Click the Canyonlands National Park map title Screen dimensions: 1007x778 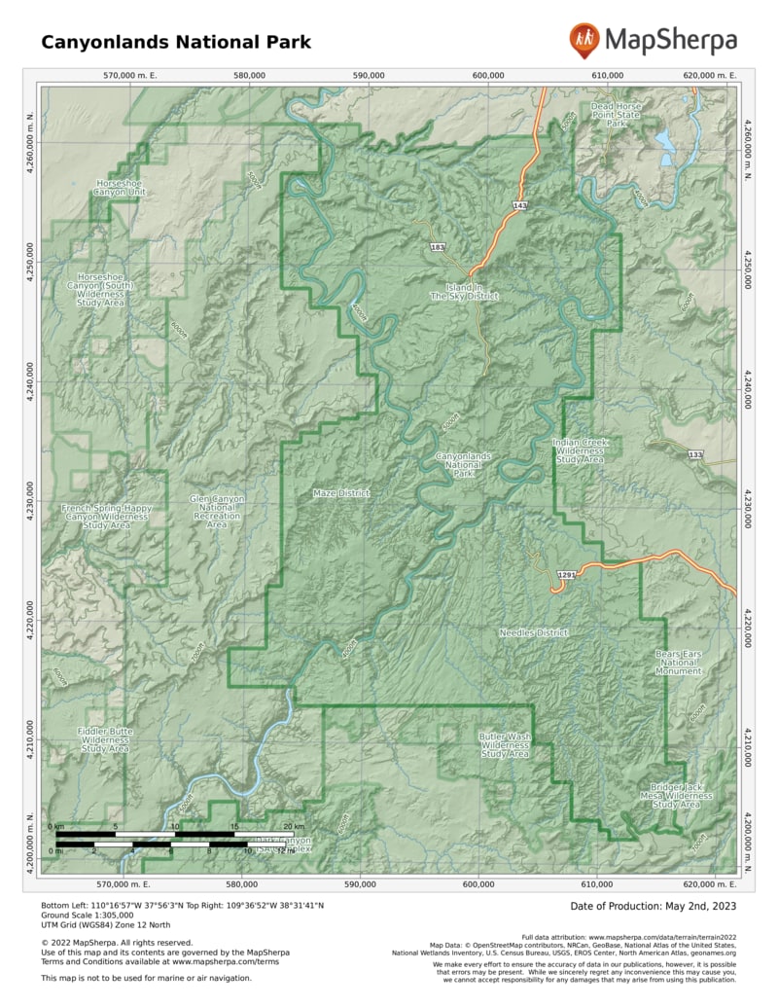pyautogui.click(x=176, y=42)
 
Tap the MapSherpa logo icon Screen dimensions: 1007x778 pyautogui.click(x=584, y=40)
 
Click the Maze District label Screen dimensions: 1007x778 pyautogui.click(x=341, y=493)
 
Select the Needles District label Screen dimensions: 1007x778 pyautogui.click(x=533, y=632)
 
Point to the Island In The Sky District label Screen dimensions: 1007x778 pyautogui.click(x=464, y=291)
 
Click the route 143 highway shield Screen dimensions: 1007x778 pyautogui.click(x=520, y=206)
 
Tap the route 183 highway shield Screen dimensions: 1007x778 pyautogui.click(x=438, y=248)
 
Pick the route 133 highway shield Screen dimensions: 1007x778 pyautogui.click(x=694, y=455)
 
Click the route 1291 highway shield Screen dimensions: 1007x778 pyautogui.click(x=567, y=576)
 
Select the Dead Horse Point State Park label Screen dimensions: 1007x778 pyautogui.click(x=616, y=115)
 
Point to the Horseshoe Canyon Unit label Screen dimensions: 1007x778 pyautogui.click(x=120, y=188)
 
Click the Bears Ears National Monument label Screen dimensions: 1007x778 pyautogui.click(x=678, y=663)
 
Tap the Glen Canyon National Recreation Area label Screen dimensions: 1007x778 pyautogui.click(x=217, y=512)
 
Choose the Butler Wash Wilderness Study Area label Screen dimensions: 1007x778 pyautogui.click(x=505, y=745)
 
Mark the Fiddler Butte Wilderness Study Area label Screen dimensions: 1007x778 pyautogui.click(x=105, y=739)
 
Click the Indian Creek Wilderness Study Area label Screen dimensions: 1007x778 pyautogui.click(x=581, y=450)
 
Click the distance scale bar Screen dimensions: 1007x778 pyautogui.click(x=175, y=839)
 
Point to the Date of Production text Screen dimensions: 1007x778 pyautogui.click(x=654, y=906)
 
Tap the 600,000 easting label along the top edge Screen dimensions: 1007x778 pyautogui.click(x=487, y=75)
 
